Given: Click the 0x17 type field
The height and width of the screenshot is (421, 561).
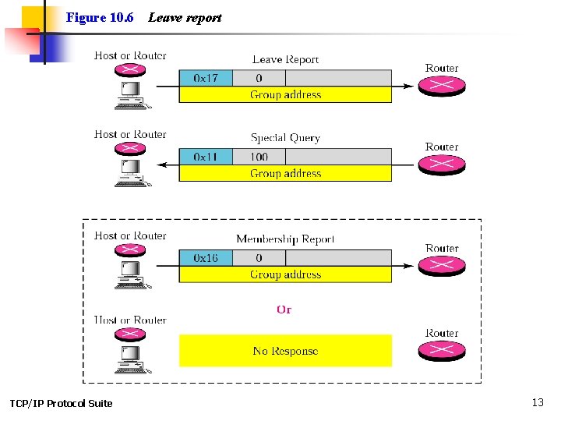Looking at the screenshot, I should coord(206,78).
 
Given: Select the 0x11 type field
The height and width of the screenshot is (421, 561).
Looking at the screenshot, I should coord(206,157).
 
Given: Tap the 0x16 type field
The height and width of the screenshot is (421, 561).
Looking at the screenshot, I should coord(206,258).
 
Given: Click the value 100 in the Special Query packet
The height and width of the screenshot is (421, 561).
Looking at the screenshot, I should coord(259,157).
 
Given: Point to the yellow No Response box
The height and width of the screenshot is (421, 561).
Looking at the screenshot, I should coord(285,351).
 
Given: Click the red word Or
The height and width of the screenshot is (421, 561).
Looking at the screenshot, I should coord(284,310).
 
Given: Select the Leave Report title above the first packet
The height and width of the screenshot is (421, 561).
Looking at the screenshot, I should coord(285,59).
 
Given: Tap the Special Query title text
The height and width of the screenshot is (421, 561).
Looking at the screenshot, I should coord(285,138).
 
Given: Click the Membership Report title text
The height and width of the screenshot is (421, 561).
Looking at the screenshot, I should coord(285,239).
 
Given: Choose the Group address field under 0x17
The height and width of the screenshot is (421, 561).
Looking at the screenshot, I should coord(285,95).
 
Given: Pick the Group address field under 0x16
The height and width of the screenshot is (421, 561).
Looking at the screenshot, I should coord(285,274).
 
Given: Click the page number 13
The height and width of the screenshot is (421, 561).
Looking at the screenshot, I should coord(538,402).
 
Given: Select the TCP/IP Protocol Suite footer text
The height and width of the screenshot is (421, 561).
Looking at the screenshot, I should coord(61,403).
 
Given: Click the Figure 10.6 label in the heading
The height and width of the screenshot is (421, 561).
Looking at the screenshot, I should coord(100,17).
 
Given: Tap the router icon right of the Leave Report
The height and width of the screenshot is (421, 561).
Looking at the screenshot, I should coord(442,86).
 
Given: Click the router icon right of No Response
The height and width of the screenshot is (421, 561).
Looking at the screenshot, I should coord(442,351).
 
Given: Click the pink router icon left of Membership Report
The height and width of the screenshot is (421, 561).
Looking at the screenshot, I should coord(130,250).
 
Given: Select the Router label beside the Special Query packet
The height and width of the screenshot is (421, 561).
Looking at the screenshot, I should coord(442,147).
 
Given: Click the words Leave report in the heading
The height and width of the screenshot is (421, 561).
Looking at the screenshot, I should coord(185,17).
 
